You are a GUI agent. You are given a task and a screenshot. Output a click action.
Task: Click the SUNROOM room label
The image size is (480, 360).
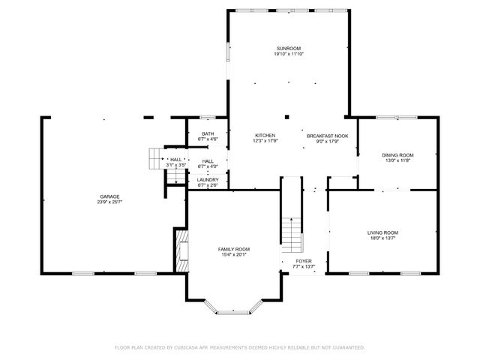288,48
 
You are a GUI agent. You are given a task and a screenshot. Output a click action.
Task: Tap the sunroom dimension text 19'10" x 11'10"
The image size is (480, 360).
288,54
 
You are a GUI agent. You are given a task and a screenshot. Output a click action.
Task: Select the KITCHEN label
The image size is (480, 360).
265,135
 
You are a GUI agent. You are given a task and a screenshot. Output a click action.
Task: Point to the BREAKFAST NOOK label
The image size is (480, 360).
328,135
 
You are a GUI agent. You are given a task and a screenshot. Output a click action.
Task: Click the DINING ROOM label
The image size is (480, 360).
398,154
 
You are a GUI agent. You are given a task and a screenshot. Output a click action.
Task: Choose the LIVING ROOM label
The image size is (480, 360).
382,232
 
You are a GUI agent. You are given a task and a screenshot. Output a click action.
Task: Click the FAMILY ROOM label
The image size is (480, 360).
234,249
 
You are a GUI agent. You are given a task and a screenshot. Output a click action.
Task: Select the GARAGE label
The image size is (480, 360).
109,196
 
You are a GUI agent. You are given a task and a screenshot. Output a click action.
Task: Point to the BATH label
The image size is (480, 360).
207,133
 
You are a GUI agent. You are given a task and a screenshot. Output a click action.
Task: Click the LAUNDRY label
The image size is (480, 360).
208,180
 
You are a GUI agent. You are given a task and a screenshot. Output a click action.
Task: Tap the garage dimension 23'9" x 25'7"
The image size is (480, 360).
109,202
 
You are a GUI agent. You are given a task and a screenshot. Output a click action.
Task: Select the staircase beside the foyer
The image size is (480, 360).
292,232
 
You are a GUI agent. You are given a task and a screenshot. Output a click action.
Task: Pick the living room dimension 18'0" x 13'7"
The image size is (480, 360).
382,238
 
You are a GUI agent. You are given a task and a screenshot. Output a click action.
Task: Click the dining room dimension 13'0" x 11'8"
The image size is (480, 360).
398,160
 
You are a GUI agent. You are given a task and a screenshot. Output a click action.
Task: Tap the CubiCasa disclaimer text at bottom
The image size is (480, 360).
240,347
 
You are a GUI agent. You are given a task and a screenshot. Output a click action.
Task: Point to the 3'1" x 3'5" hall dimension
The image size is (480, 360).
176,165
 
